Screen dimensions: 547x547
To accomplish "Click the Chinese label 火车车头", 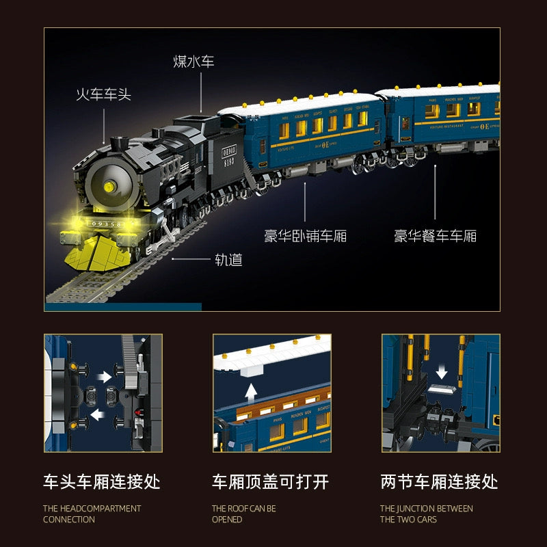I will (x=103, y=94).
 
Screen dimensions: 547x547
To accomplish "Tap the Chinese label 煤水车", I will (x=194, y=62).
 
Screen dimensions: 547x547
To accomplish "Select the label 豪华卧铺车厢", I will (x=305, y=237).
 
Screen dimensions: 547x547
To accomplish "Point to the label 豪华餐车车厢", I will (x=435, y=237).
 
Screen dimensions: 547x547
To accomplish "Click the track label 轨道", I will (x=228, y=260).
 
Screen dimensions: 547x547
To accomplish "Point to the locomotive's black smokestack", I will (x=120, y=145).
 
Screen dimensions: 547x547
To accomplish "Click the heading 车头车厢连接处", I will (x=102, y=482).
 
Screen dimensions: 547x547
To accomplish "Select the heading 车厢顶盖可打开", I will (x=270, y=482).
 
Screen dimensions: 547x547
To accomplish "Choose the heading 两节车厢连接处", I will (x=439, y=482).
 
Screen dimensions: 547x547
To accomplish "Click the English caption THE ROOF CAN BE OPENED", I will (x=244, y=513).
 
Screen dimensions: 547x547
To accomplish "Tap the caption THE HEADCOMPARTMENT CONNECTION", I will (x=92, y=513).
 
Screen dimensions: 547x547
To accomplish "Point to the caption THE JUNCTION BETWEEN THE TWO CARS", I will (x=427, y=513).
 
